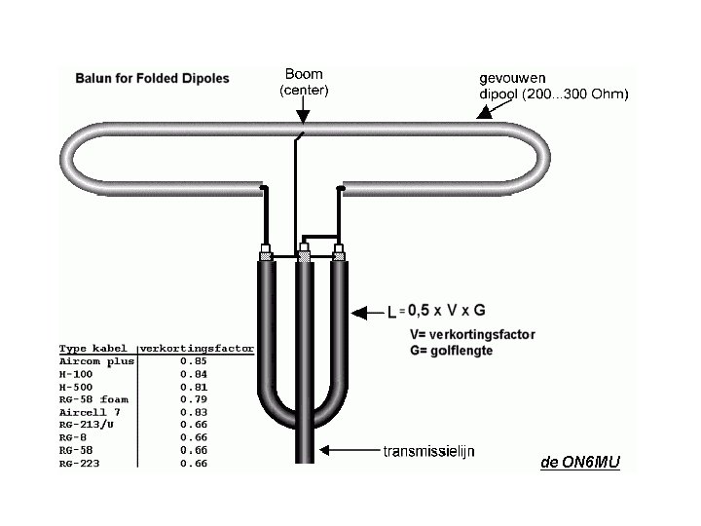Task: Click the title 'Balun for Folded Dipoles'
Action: tap(153, 78)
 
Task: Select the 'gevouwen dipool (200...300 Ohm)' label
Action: tap(554, 86)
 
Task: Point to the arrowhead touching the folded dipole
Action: tap(480, 115)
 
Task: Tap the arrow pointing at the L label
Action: tap(368, 313)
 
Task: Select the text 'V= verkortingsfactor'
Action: tap(472, 334)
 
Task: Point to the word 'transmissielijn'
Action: tap(429, 451)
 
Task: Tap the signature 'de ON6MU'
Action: tap(579, 462)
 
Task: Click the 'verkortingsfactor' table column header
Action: tap(198, 348)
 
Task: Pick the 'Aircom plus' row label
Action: tap(96, 360)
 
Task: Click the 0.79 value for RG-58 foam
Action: tap(194, 399)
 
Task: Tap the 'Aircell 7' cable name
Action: tap(90, 412)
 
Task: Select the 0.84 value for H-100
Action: tap(194, 373)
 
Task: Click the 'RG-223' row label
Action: tap(79, 464)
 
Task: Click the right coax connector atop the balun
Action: tap(339, 256)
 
